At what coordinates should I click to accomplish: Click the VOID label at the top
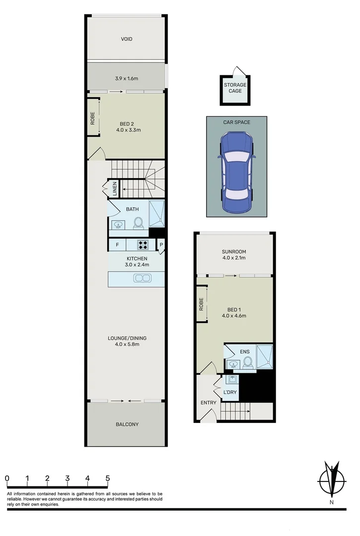click(x=127, y=39)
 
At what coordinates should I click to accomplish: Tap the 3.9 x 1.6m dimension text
click(x=126, y=78)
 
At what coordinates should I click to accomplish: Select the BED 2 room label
click(x=127, y=124)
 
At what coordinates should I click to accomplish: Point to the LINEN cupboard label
click(x=115, y=189)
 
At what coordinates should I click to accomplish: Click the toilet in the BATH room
click(x=139, y=223)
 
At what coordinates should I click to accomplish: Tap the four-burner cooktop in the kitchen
click(x=143, y=245)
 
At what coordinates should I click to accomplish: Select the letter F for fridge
click(x=117, y=245)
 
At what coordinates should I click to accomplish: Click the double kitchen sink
click(x=142, y=278)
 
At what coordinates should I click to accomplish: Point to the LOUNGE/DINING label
click(x=127, y=338)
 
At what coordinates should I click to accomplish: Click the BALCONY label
click(x=127, y=424)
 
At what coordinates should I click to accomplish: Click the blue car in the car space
click(x=235, y=171)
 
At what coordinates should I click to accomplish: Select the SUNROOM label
click(x=234, y=252)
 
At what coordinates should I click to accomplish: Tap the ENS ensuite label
click(x=245, y=352)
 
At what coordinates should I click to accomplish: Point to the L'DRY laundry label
click(x=230, y=392)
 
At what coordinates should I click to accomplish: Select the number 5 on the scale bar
click(x=107, y=478)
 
